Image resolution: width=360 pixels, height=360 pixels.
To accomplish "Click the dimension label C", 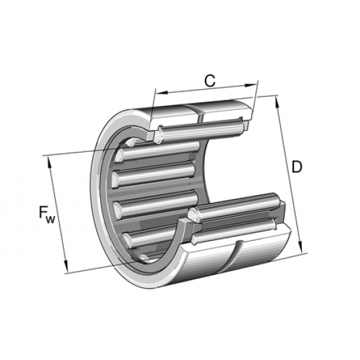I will tap(209, 81).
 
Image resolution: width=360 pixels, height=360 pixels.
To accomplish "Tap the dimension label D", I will tap(297, 167).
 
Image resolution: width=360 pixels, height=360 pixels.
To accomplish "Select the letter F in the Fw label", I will tap(43, 211).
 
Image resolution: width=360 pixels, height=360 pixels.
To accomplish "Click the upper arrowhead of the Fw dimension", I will tap(50, 160).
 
